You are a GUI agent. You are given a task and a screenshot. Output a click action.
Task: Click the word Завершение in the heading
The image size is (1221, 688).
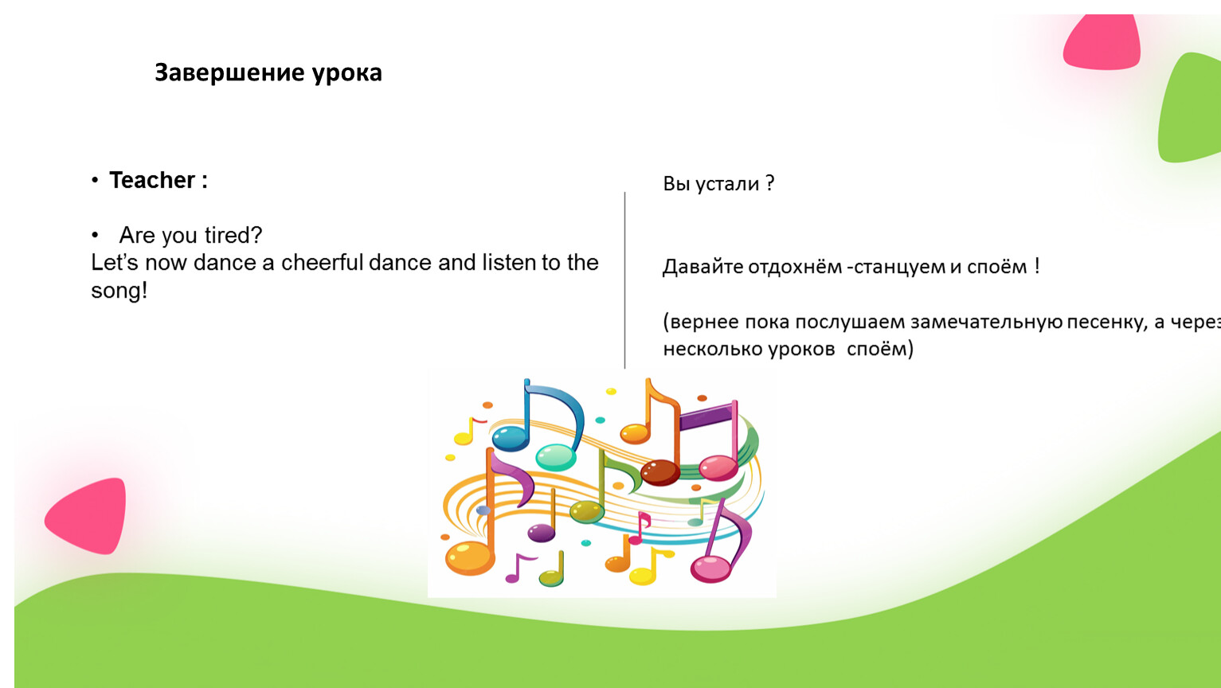tap(229, 73)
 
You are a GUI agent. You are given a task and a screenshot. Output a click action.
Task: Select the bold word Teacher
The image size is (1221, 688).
tap(152, 180)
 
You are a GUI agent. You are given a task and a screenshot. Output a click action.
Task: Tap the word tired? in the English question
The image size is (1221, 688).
tap(233, 235)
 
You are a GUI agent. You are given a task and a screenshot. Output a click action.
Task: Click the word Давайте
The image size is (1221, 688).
tap(702, 267)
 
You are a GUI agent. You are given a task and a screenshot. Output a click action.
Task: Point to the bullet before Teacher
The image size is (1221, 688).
tap(95, 180)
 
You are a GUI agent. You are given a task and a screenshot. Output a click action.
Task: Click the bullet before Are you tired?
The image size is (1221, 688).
tap(95, 235)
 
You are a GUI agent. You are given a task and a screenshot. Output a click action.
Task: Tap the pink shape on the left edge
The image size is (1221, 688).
tap(88, 515)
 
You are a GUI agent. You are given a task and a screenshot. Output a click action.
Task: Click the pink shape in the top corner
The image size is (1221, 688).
tap(1102, 42)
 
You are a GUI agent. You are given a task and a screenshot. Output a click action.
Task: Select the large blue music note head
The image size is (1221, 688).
tap(511, 438)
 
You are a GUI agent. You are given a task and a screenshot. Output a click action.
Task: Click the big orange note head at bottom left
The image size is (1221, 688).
tap(469, 557)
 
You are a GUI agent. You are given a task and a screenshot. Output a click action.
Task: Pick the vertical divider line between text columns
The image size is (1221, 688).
tap(624, 280)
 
